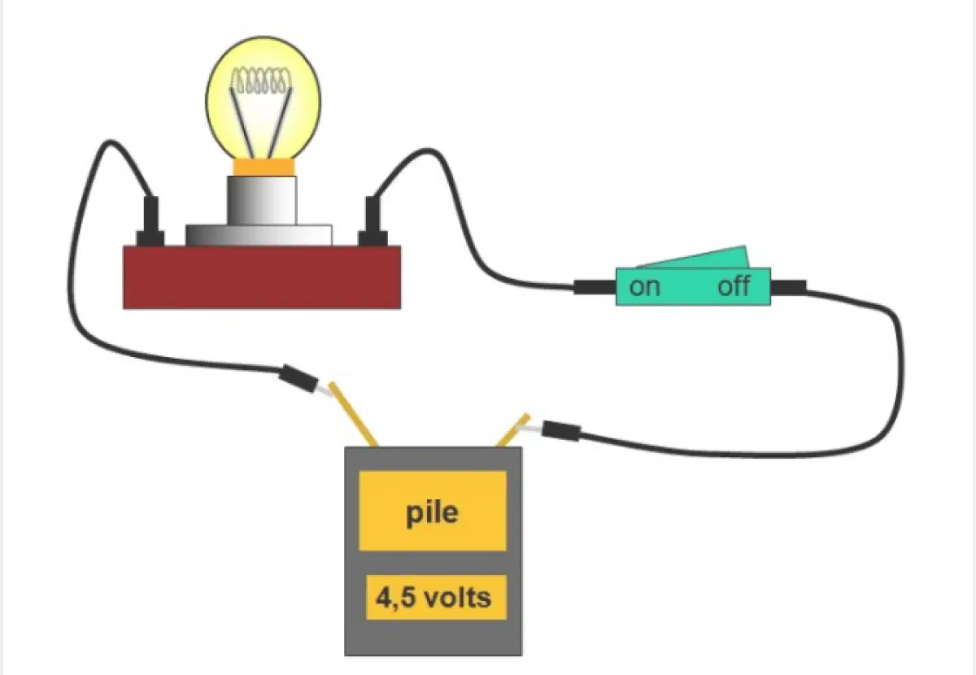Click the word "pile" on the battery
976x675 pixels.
[x=432, y=513]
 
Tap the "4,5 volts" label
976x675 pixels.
[x=434, y=597]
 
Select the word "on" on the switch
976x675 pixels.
[x=644, y=288]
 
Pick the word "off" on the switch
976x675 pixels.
[x=734, y=287]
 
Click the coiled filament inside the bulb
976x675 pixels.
[x=261, y=81]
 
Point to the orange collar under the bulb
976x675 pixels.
[x=264, y=168]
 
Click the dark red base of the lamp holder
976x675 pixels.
[x=262, y=277]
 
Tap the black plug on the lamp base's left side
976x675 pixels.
[x=150, y=221]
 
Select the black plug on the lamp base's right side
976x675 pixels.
[x=373, y=221]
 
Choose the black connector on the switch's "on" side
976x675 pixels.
[x=595, y=288]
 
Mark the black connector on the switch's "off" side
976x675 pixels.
[x=788, y=288]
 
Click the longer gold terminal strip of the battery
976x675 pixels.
[x=353, y=415]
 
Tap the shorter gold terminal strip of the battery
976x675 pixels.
[x=513, y=430]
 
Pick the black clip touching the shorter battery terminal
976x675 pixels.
[x=561, y=430]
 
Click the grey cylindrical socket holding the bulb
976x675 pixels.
[x=262, y=200]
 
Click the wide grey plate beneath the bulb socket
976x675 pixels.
[x=259, y=235]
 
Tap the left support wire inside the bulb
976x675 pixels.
[x=242, y=123]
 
